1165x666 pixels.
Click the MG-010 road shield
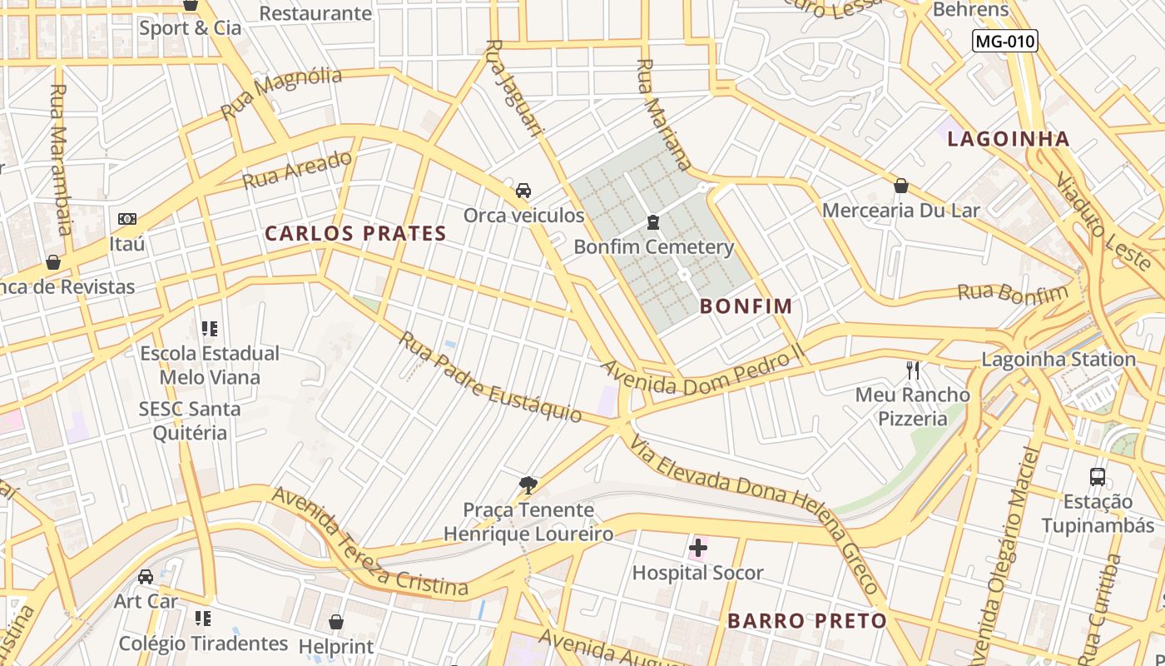(x=1005, y=40)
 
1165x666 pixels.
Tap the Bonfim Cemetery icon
(x=653, y=222)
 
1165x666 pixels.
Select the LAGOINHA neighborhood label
(x=1008, y=139)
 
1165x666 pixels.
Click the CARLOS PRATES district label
(x=355, y=234)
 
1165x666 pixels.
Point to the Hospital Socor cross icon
(x=697, y=548)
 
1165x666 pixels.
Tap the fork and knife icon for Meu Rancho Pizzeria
(x=913, y=370)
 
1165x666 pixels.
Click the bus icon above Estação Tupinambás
(x=1098, y=477)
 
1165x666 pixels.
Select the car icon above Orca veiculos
(x=523, y=191)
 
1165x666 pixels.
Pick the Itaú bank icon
(x=126, y=219)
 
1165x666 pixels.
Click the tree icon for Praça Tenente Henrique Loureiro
(x=528, y=485)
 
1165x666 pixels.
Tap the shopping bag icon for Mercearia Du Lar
(x=900, y=186)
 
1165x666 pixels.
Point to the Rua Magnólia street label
(x=281, y=92)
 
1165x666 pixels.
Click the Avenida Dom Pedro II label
(x=703, y=372)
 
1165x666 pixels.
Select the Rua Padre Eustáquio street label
(x=489, y=377)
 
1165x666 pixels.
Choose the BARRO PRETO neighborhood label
(x=806, y=621)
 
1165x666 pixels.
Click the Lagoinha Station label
(x=1058, y=360)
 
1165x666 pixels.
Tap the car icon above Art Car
(x=146, y=577)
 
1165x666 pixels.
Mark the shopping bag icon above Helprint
(x=336, y=622)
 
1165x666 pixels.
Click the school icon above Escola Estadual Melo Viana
(x=209, y=329)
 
